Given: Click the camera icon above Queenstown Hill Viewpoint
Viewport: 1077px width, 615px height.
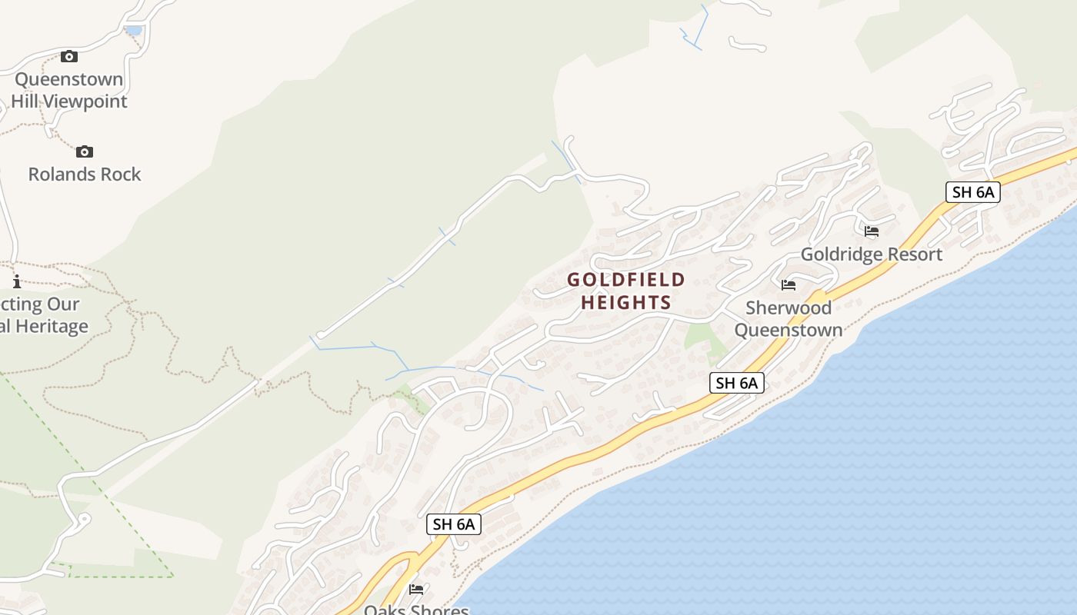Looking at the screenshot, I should point(69,56).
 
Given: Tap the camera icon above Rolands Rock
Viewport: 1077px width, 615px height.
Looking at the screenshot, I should point(85,151).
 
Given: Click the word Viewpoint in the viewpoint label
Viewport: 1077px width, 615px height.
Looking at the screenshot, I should point(85,101).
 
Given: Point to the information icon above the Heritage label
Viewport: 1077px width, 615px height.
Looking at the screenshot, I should point(17,281).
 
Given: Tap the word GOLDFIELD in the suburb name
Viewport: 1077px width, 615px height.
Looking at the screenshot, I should point(626,280).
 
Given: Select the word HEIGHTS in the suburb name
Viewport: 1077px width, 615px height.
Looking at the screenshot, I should point(626,303).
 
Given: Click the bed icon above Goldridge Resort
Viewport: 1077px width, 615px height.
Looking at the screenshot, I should point(872,231).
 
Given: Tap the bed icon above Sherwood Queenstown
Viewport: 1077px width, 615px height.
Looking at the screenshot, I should point(789,285).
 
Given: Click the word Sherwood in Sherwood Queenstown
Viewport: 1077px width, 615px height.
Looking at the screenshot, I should point(789,308).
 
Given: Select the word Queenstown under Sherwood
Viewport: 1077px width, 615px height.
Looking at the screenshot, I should point(789,331).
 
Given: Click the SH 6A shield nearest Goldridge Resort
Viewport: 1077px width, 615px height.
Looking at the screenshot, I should point(972,192).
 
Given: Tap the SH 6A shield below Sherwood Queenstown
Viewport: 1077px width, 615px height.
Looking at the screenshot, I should point(736,383).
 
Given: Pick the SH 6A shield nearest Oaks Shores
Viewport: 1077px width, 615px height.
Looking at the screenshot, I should point(454,524).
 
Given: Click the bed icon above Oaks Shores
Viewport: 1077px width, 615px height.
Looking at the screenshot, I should point(416,590).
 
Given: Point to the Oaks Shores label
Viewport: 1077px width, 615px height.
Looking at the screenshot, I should point(416,610).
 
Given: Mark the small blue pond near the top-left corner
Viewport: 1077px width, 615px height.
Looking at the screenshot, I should point(133,30).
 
